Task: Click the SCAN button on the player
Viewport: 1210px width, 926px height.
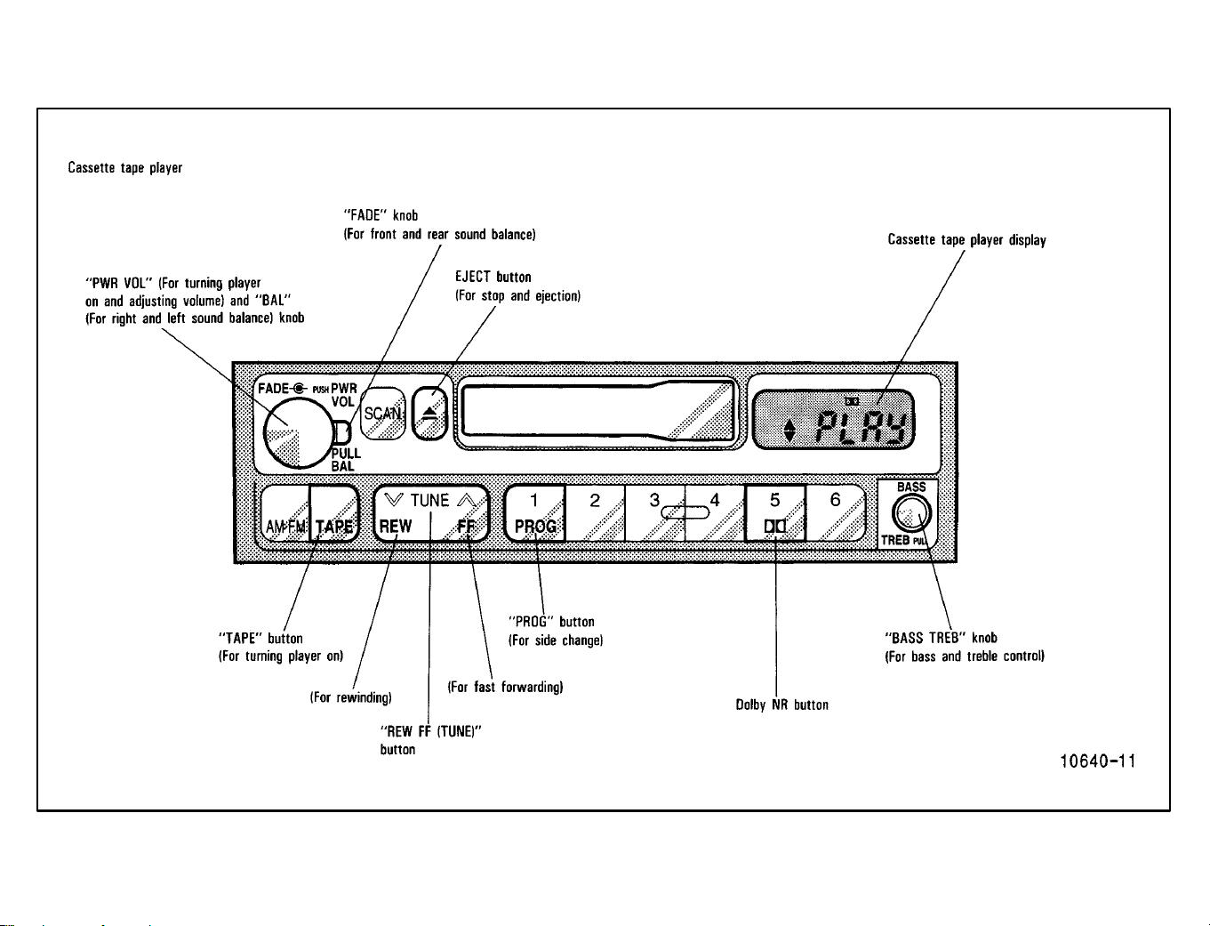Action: coord(382,413)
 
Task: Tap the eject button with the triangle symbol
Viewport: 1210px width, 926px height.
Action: coord(430,413)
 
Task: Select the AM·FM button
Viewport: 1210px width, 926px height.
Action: coord(285,513)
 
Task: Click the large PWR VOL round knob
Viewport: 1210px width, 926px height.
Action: coord(299,433)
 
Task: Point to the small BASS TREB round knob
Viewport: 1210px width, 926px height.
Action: coord(911,513)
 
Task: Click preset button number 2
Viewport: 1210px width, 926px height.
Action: coord(595,513)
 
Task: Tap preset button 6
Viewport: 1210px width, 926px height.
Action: coord(835,513)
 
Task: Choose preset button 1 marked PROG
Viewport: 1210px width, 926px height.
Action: coord(534,513)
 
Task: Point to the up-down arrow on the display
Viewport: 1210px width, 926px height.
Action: coord(789,431)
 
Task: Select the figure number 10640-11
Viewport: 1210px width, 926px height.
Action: coord(1098,761)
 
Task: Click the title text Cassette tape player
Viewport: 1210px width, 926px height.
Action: coord(125,167)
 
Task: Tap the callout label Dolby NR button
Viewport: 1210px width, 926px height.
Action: coord(781,705)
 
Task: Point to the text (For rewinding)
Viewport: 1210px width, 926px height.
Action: coord(350,697)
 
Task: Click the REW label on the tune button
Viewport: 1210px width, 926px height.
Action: coord(396,526)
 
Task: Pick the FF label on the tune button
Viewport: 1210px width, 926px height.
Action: coord(466,526)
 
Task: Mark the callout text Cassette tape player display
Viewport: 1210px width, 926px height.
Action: coord(967,240)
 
